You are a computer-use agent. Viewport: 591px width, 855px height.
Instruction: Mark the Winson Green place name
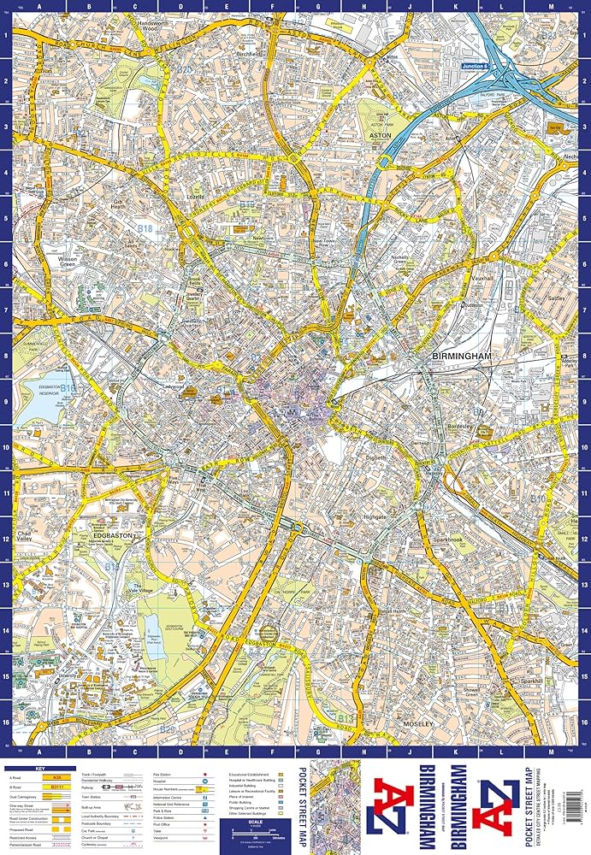[68, 261]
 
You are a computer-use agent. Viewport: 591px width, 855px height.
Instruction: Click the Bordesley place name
[462, 425]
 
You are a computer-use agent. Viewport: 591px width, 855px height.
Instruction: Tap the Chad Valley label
[31, 536]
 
